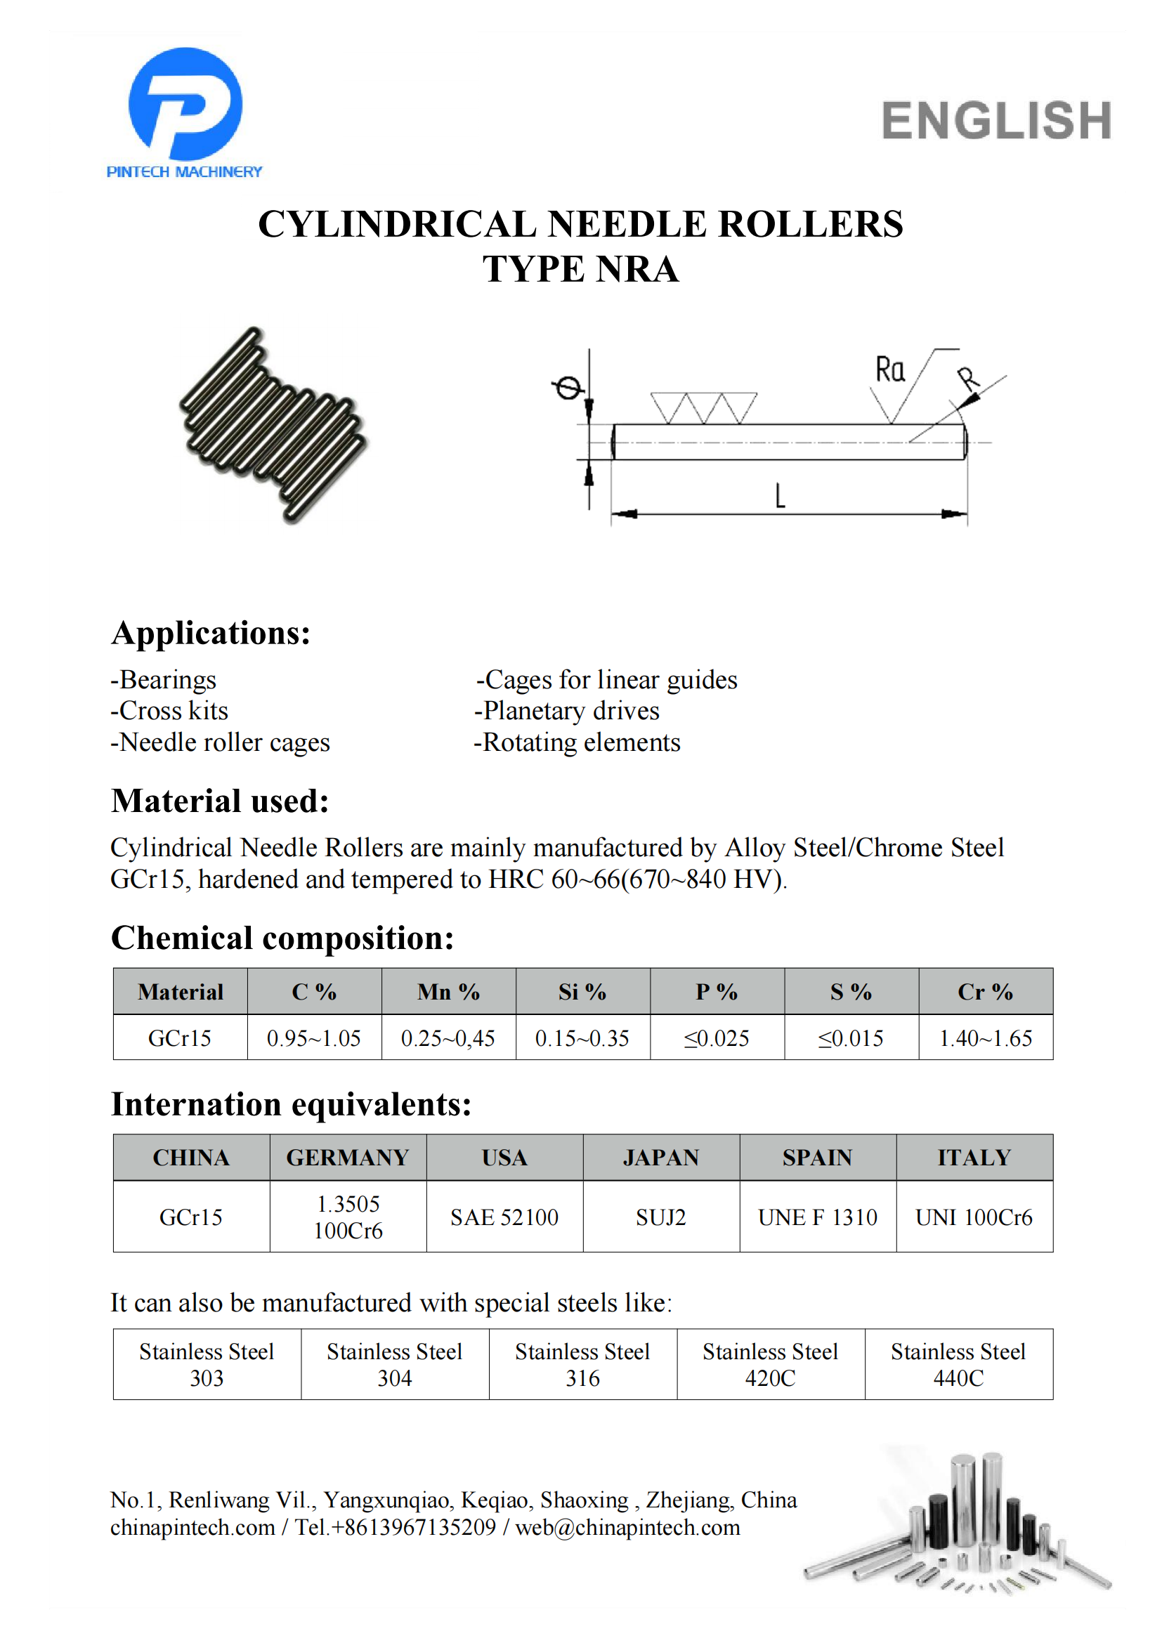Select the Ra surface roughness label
(x=890, y=370)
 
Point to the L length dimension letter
(x=780, y=495)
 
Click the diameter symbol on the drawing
(x=568, y=388)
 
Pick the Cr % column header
(x=985, y=992)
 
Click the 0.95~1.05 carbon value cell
(x=314, y=1038)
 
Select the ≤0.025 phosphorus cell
(x=717, y=1038)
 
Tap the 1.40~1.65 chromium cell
(x=985, y=1038)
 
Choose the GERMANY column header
(x=348, y=1158)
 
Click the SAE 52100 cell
(x=504, y=1217)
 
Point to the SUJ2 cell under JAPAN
(x=661, y=1217)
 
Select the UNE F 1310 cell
(x=818, y=1217)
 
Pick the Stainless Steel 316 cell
(x=582, y=1365)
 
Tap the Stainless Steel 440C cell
(x=959, y=1365)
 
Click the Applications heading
(x=211, y=634)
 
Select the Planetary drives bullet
(x=567, y=711)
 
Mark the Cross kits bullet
(x=169, y=711)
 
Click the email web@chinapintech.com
(x=627, y=1528)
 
